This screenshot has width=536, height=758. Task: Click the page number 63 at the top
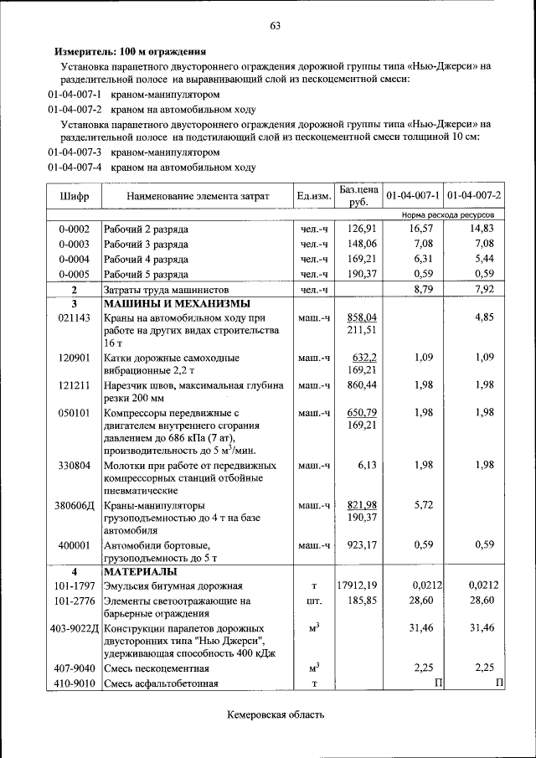(274, 25)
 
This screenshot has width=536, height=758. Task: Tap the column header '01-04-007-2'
(474, 196)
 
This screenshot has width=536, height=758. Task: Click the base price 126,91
(363, 228)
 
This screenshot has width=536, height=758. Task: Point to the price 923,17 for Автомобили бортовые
(363, 544)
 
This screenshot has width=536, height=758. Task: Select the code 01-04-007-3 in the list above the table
(75, 152)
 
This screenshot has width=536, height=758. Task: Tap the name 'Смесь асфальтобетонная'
(161, 683)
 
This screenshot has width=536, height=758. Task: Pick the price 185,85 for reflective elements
(363, 601)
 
